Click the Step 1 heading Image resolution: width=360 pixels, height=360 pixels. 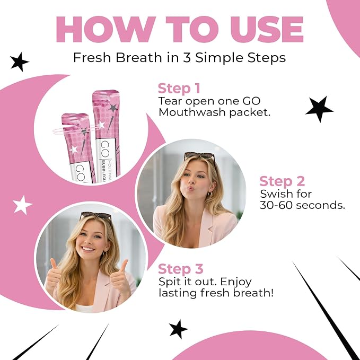pos(179,89)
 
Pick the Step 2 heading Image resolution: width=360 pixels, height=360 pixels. pos(282,181)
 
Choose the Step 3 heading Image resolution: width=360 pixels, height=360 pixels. pos(181,269)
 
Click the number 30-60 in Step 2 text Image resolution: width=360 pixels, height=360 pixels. pos(276,205)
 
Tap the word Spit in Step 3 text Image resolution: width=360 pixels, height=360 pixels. pos(168,282)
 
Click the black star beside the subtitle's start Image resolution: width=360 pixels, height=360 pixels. pos(19,62)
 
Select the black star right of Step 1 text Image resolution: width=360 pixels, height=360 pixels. pos(319,109)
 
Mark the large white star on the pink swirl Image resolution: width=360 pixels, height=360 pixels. pos(22,205)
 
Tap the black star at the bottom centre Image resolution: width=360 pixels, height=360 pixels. pos(178,329)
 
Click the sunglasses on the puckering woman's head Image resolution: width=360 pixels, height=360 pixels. pos(199,156)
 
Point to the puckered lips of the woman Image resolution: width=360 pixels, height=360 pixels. pos(191,189)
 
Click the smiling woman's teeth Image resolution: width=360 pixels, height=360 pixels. pos(89,249)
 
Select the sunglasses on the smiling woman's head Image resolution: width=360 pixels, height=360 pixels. pos(95,216)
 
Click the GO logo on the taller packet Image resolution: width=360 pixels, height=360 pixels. pos(105,148)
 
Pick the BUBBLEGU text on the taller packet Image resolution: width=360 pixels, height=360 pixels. pos(103,171)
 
